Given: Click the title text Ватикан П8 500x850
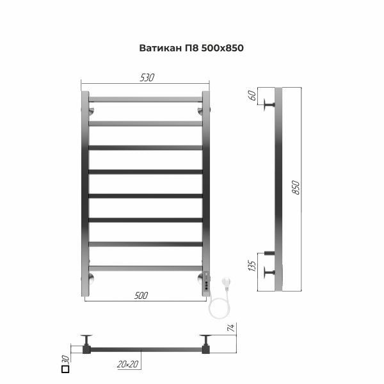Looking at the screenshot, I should click(x=191, y=48).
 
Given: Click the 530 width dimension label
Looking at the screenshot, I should click(x=147, y=77).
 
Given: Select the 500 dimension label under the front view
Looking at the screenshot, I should click(x=141, y=295).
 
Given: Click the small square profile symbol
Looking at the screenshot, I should click(x=65, y=368).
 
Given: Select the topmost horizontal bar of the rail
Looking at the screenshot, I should click(x=145, y=100).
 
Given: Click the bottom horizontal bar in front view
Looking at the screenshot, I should click(x=145, y=268).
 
